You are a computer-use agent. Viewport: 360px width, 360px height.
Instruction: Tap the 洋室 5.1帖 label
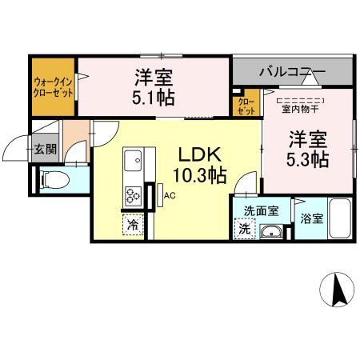click(x=153, y=88)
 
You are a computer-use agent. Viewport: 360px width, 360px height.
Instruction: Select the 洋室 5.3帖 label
click(x=306, y=149)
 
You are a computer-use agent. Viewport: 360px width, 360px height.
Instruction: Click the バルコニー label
click(x=291, y=73)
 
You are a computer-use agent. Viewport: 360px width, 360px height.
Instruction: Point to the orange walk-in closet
click(x=54, y=87)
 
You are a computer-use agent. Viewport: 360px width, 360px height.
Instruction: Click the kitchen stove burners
click(x=133, y=194)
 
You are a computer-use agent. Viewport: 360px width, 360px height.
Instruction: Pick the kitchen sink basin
click(x=133, y=159)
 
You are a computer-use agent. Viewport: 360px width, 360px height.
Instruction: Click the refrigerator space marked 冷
click(x=132, y=225)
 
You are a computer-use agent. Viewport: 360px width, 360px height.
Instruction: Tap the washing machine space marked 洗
click(x=244, y=229)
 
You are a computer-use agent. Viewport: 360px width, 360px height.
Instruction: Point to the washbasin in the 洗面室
click(x=273, y=231)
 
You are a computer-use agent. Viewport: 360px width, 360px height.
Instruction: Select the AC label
click(x=170, y=194)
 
